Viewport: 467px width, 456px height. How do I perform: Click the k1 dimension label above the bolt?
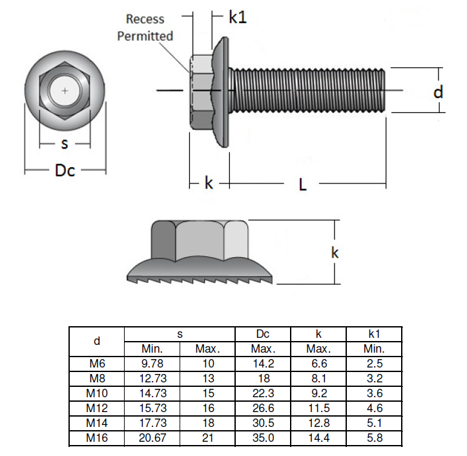237,17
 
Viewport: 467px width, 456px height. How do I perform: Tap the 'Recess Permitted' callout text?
145,28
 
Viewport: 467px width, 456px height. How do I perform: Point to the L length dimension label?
302,184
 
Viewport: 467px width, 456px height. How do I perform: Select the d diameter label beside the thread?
438,92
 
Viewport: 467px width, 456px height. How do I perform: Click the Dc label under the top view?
65,171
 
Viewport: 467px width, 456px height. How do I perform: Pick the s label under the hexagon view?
65,143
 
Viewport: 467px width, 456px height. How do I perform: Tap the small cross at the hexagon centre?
65,92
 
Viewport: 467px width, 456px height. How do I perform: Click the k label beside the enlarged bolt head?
335,253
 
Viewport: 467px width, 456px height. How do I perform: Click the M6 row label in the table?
97,364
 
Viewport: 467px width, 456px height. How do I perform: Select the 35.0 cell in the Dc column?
263,438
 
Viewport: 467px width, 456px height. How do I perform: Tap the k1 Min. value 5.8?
375,438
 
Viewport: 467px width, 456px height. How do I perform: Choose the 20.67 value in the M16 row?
152,438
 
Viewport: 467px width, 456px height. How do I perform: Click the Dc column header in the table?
263,334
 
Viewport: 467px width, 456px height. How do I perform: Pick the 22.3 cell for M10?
263,393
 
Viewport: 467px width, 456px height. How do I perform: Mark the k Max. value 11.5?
318,408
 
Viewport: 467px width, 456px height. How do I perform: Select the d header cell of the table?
97,341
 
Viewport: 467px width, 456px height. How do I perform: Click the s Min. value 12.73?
152,378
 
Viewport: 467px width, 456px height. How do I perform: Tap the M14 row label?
97,423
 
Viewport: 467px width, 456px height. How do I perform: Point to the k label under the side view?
209,183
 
